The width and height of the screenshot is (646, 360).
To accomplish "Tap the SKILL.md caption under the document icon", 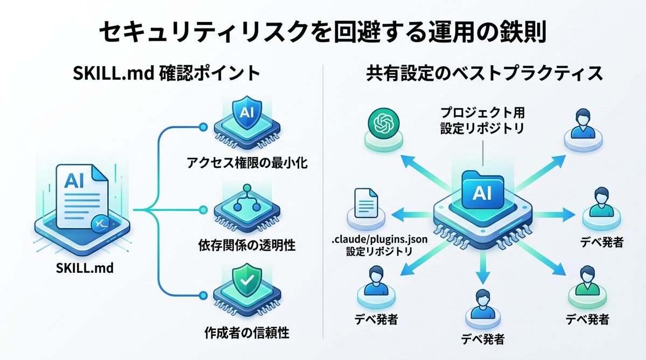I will click(x=85, y=268).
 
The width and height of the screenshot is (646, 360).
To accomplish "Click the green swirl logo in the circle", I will click(x=384, y=125).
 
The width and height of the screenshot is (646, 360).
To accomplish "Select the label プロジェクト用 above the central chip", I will click(x=482, y=114).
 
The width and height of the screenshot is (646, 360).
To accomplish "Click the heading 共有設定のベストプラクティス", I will click(x=484, y=74).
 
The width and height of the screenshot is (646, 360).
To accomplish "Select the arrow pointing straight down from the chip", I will click(x=483, y=269).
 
